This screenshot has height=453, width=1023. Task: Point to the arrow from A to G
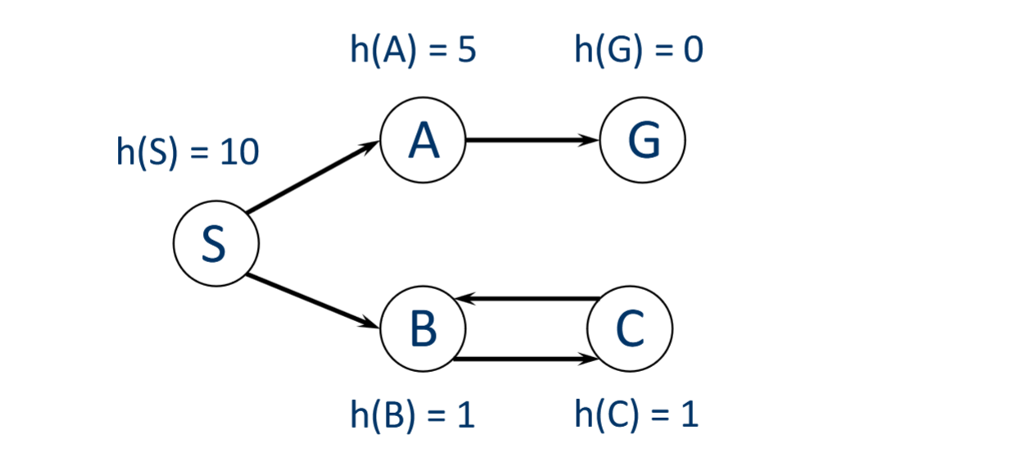532,140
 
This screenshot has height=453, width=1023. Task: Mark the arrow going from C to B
524,300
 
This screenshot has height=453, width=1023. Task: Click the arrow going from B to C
524,358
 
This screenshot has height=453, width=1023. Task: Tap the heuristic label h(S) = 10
188,153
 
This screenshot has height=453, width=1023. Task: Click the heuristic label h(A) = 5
413,50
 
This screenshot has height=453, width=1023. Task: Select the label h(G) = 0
639,50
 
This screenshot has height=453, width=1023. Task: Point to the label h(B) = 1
413,415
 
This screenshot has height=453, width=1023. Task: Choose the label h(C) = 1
636,415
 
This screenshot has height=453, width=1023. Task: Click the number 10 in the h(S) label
239,153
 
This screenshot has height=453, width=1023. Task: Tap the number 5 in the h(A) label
465,50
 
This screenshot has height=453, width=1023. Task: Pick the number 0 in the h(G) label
692,50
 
